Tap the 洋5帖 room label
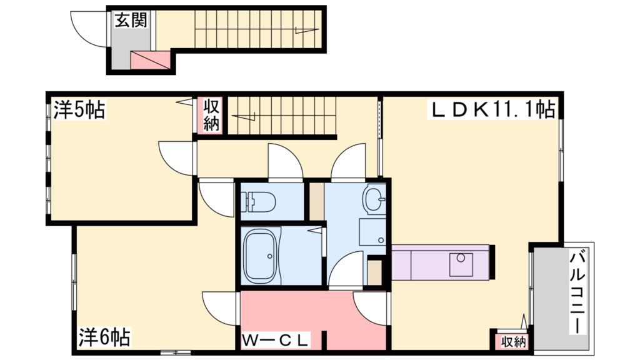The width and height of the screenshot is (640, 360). click(78, 111)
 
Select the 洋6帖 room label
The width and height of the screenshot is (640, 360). click(104, 338)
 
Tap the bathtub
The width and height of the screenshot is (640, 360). click(265, 255)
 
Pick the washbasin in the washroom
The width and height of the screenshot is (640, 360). click(374, 200)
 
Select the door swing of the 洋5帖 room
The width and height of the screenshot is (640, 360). click(176, 157)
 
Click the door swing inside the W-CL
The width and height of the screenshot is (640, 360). click(371, 308)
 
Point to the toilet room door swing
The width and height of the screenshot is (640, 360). click(284, 162)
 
